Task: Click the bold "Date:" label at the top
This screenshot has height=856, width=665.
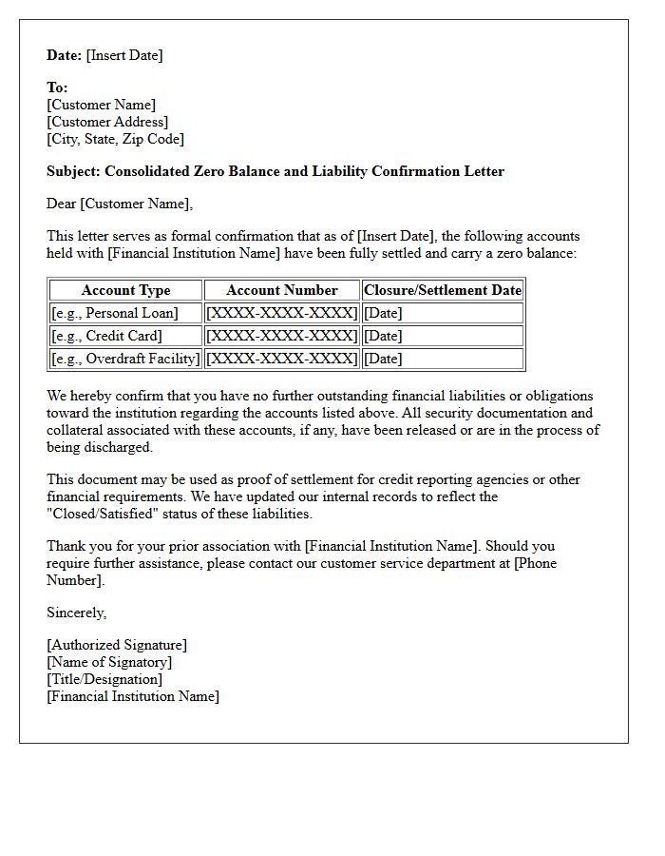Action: (x=65, y=55)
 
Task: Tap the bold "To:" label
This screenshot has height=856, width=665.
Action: (x=57, y=88)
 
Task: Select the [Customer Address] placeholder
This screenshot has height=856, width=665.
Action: (x=107, y=122)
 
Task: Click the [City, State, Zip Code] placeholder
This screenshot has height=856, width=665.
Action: (x=115, y=139)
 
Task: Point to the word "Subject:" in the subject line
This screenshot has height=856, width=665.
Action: (x=74, y=171)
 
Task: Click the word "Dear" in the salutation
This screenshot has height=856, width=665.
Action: (x=62, y=204)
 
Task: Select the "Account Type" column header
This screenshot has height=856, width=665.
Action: (x=125, y=290)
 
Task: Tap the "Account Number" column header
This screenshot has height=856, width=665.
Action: (x=282, y=290)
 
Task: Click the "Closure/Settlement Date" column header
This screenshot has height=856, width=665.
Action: (x=443, y=290)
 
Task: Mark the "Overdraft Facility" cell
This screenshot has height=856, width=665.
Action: (x=125, y=359)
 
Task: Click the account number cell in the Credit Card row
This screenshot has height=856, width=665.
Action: (x=282, y=336)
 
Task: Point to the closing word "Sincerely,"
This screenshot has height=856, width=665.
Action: (x=77, y=613)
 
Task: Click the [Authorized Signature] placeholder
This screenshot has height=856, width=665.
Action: (x=117, y=645)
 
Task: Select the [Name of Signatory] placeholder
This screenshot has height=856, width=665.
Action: (x=109, y=662)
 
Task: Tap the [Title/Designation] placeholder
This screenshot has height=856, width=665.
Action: (x=104, y=679)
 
